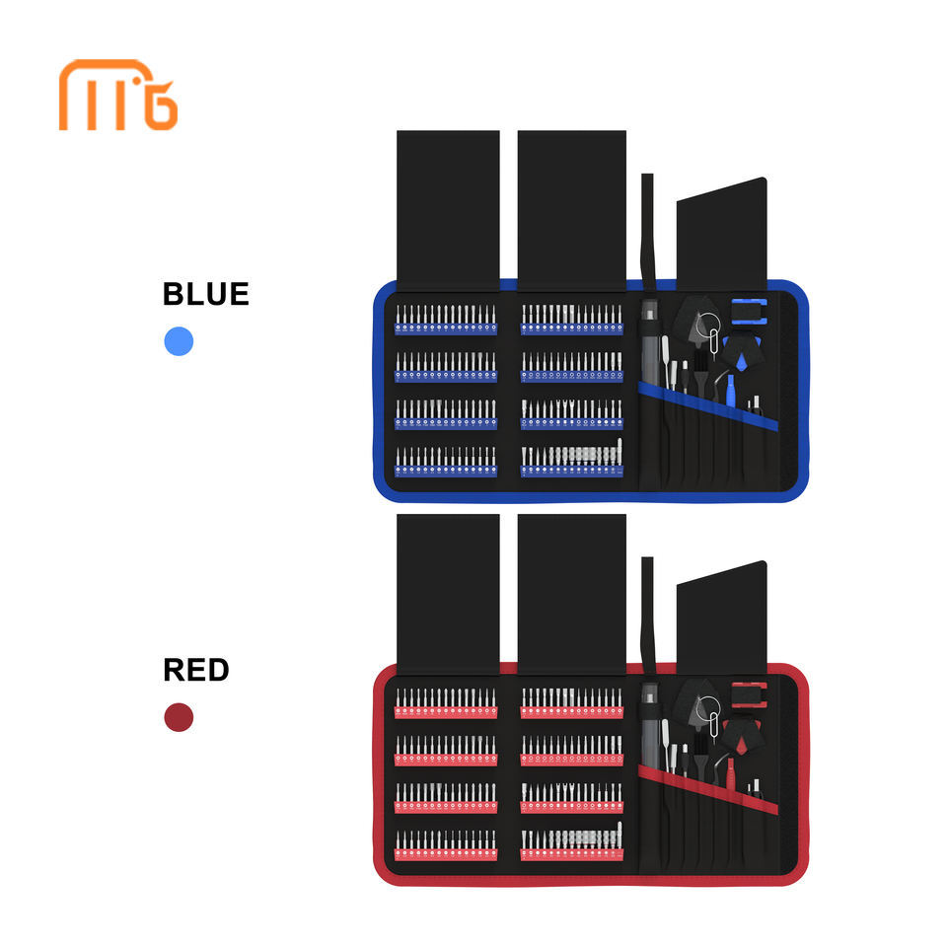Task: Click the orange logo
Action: tap(117, 95)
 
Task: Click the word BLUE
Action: tap(206, 294)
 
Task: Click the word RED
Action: tap(196, 670)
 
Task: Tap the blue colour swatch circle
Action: tap(179, 341)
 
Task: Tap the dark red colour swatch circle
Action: tap(179, 717)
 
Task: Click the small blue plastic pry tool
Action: tap(730, 392)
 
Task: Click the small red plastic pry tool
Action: tap(730, 775)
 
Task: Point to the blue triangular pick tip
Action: tap(741, 362)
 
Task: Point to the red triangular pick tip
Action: tap(741, 746)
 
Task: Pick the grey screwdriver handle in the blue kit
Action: tap(650, 342)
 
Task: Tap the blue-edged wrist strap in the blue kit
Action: tap(749, 312)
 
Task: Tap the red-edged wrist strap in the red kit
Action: tap(749, 695)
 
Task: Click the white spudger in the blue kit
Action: tap(666, 362)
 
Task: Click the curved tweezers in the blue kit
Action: tap(720, 387)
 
